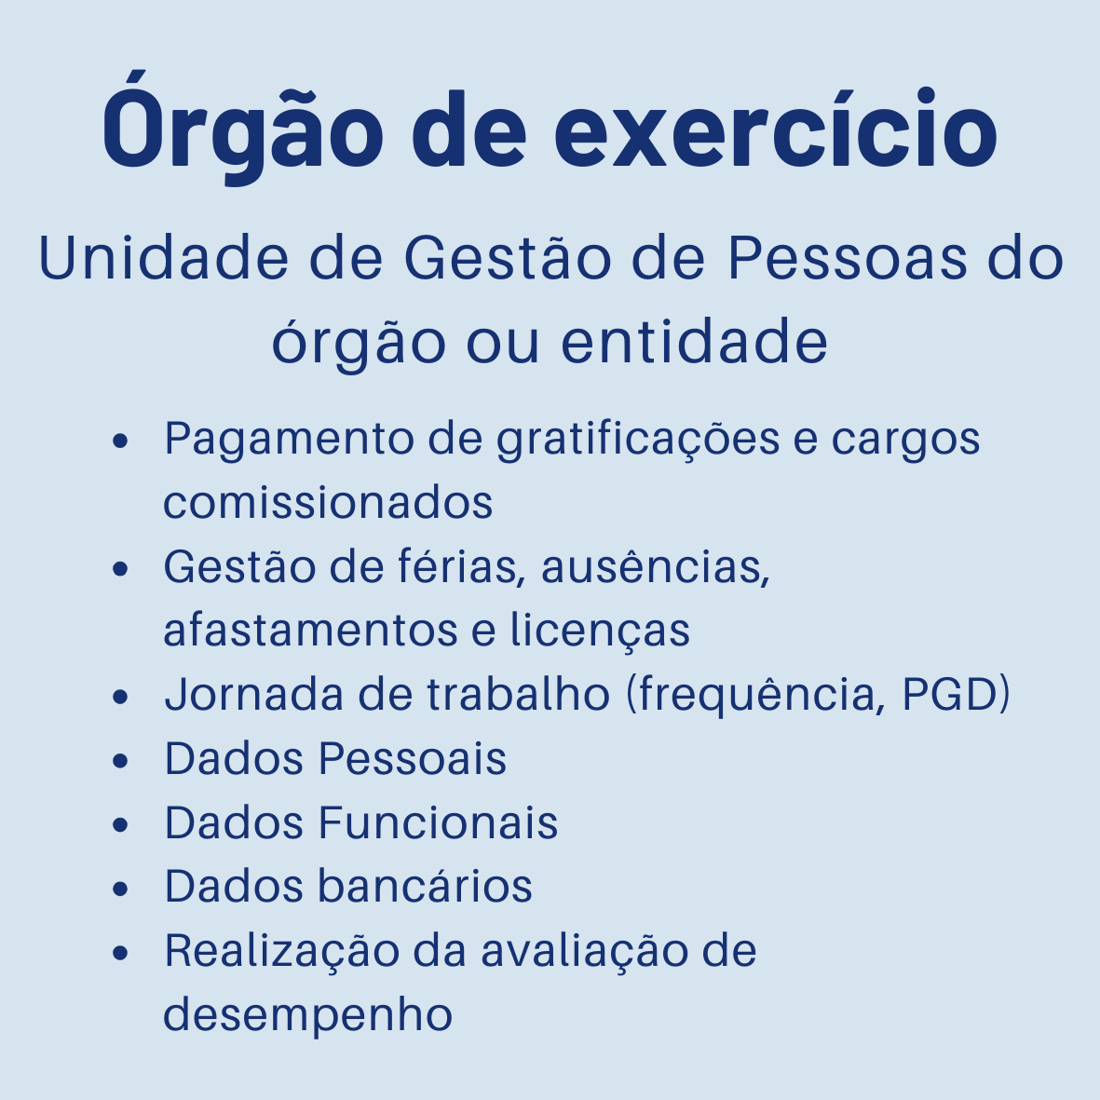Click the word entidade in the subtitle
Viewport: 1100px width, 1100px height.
click(x=694, y=342)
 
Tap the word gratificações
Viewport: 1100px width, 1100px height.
click(x=638, y=440)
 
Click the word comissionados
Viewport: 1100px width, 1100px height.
click(x=328, y=502)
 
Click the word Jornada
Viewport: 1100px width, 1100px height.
click(x=243, y=694)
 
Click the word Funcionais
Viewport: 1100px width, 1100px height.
click(x=438, y=822)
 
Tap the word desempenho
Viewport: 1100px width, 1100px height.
click(x=308, y=1014)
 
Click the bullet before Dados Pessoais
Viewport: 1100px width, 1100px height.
click(x=119, y=760)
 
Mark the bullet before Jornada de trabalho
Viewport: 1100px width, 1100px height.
click(x=119, y=696)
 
